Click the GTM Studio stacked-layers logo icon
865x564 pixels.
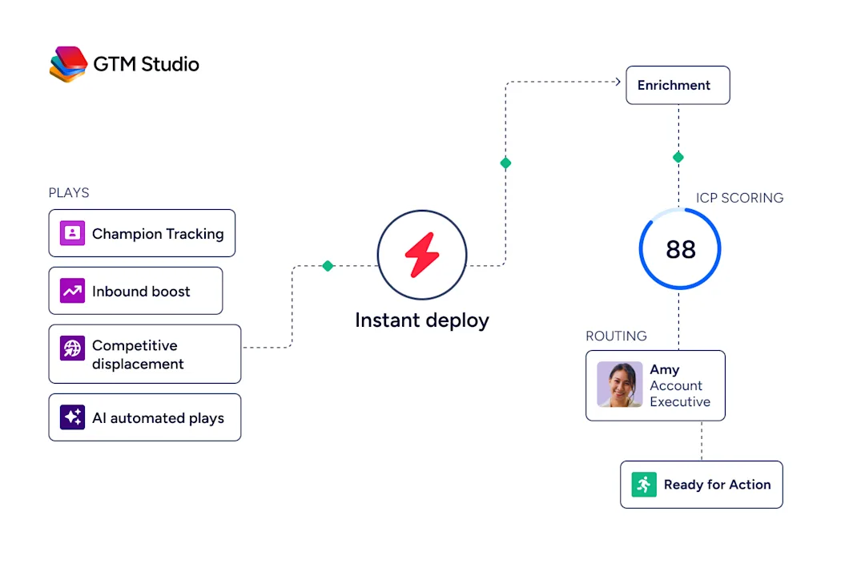pos(68,64)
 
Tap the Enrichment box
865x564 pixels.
pos(678,85)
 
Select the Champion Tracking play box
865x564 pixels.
pos(142,233)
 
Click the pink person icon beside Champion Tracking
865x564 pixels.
pos(72,233)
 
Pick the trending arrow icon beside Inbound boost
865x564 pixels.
pos(72,291)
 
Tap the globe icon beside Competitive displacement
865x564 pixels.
pos(72,348)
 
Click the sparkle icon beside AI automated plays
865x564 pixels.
pos(72,417)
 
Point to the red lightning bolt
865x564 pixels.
pos(422,255)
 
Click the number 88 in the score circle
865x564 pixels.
pos(681,249)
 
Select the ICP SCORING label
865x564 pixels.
pos(739,198)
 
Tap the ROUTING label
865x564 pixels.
pos(616,336)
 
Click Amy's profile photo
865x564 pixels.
pos(619,384)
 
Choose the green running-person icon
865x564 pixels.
pos(644,485)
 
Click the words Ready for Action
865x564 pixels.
pos(717,485)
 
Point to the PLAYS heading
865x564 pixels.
pos(69,192)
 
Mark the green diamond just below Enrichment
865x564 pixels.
pos(678,157)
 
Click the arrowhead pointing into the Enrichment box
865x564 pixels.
pos(618,82)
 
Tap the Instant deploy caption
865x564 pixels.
pos(422,320)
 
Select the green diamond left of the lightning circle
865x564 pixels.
pos(328,266)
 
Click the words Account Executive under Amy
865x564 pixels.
pos(680,393)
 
